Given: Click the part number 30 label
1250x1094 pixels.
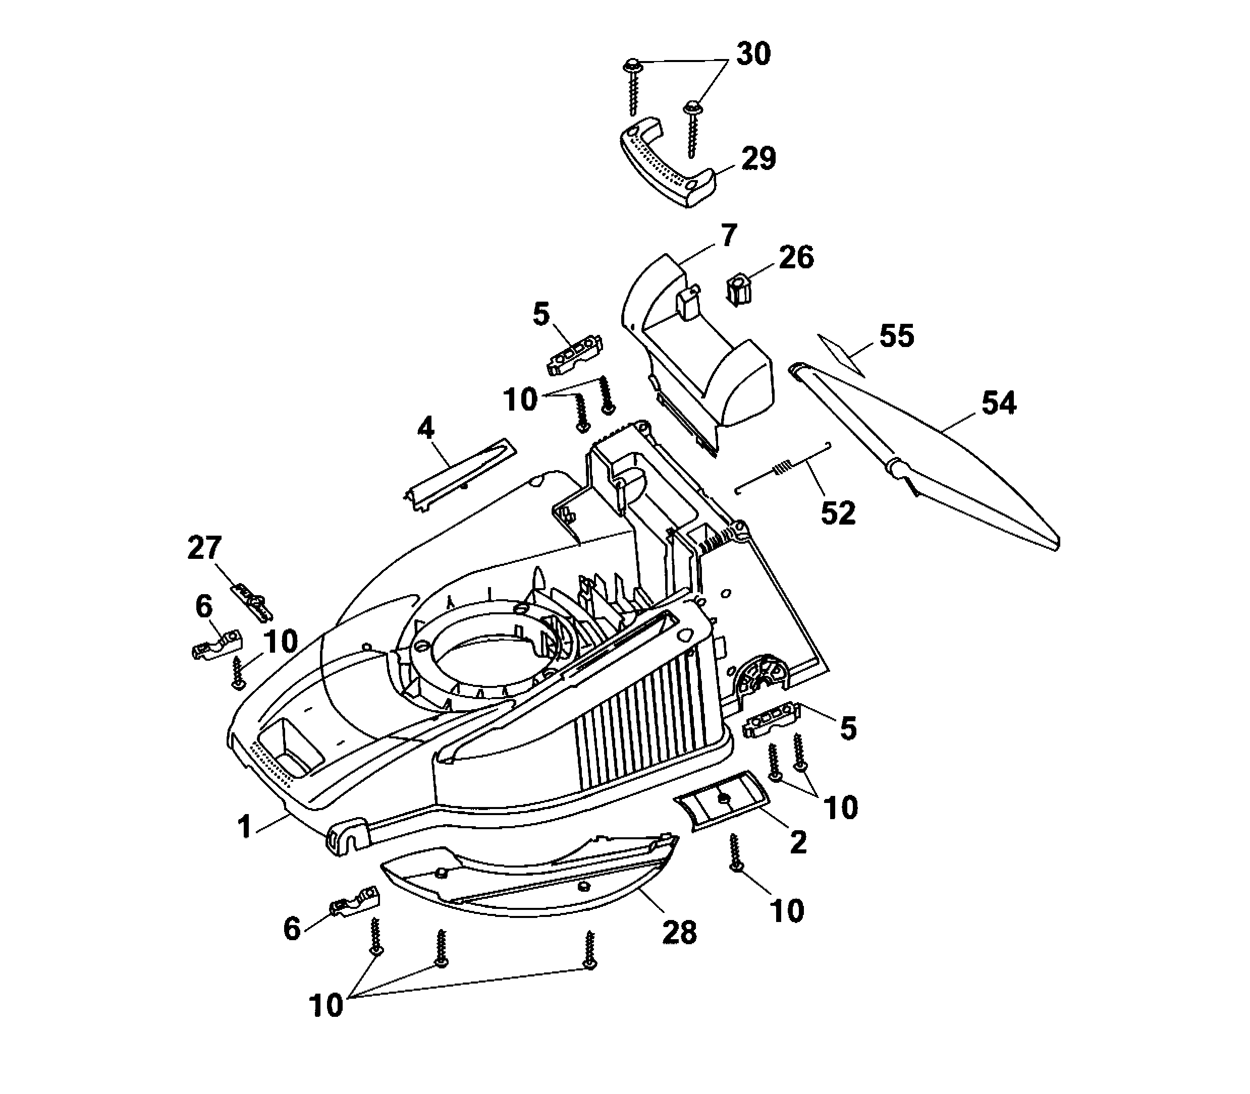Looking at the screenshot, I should click(753, 55).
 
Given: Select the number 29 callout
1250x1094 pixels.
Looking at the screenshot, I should click(758, 159).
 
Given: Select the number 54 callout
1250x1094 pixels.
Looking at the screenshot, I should click(998, 404).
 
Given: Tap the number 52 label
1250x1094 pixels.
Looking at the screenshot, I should click(838, 513).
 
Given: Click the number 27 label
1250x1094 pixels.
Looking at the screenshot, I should click(204, 548).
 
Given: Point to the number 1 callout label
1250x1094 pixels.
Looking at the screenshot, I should click(244, 827).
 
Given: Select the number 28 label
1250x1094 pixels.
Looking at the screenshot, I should click(679, 932).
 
